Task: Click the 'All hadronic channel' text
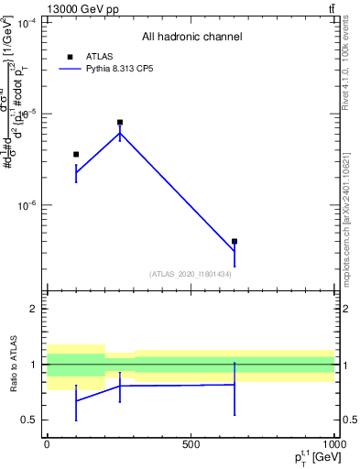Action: tap(191, 38)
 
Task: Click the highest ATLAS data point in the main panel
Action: tap(120, 122)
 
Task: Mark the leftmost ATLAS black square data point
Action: tap(76, 154)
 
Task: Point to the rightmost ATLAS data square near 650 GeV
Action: tap(235, 242)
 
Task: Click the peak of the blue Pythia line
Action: tap(120, 134)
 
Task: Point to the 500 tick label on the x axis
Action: tap(191, 443)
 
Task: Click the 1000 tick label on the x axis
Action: tap(333, 443)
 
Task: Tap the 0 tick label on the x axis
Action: tap(47, 443)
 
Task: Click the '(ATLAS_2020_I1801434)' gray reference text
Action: tap(191, 274)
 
